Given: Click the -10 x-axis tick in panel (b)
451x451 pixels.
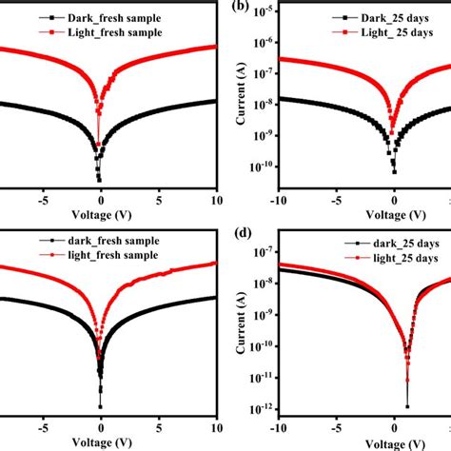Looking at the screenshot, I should tap(279, 201).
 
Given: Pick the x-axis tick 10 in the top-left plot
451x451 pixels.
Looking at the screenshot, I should tap(215, 201).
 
